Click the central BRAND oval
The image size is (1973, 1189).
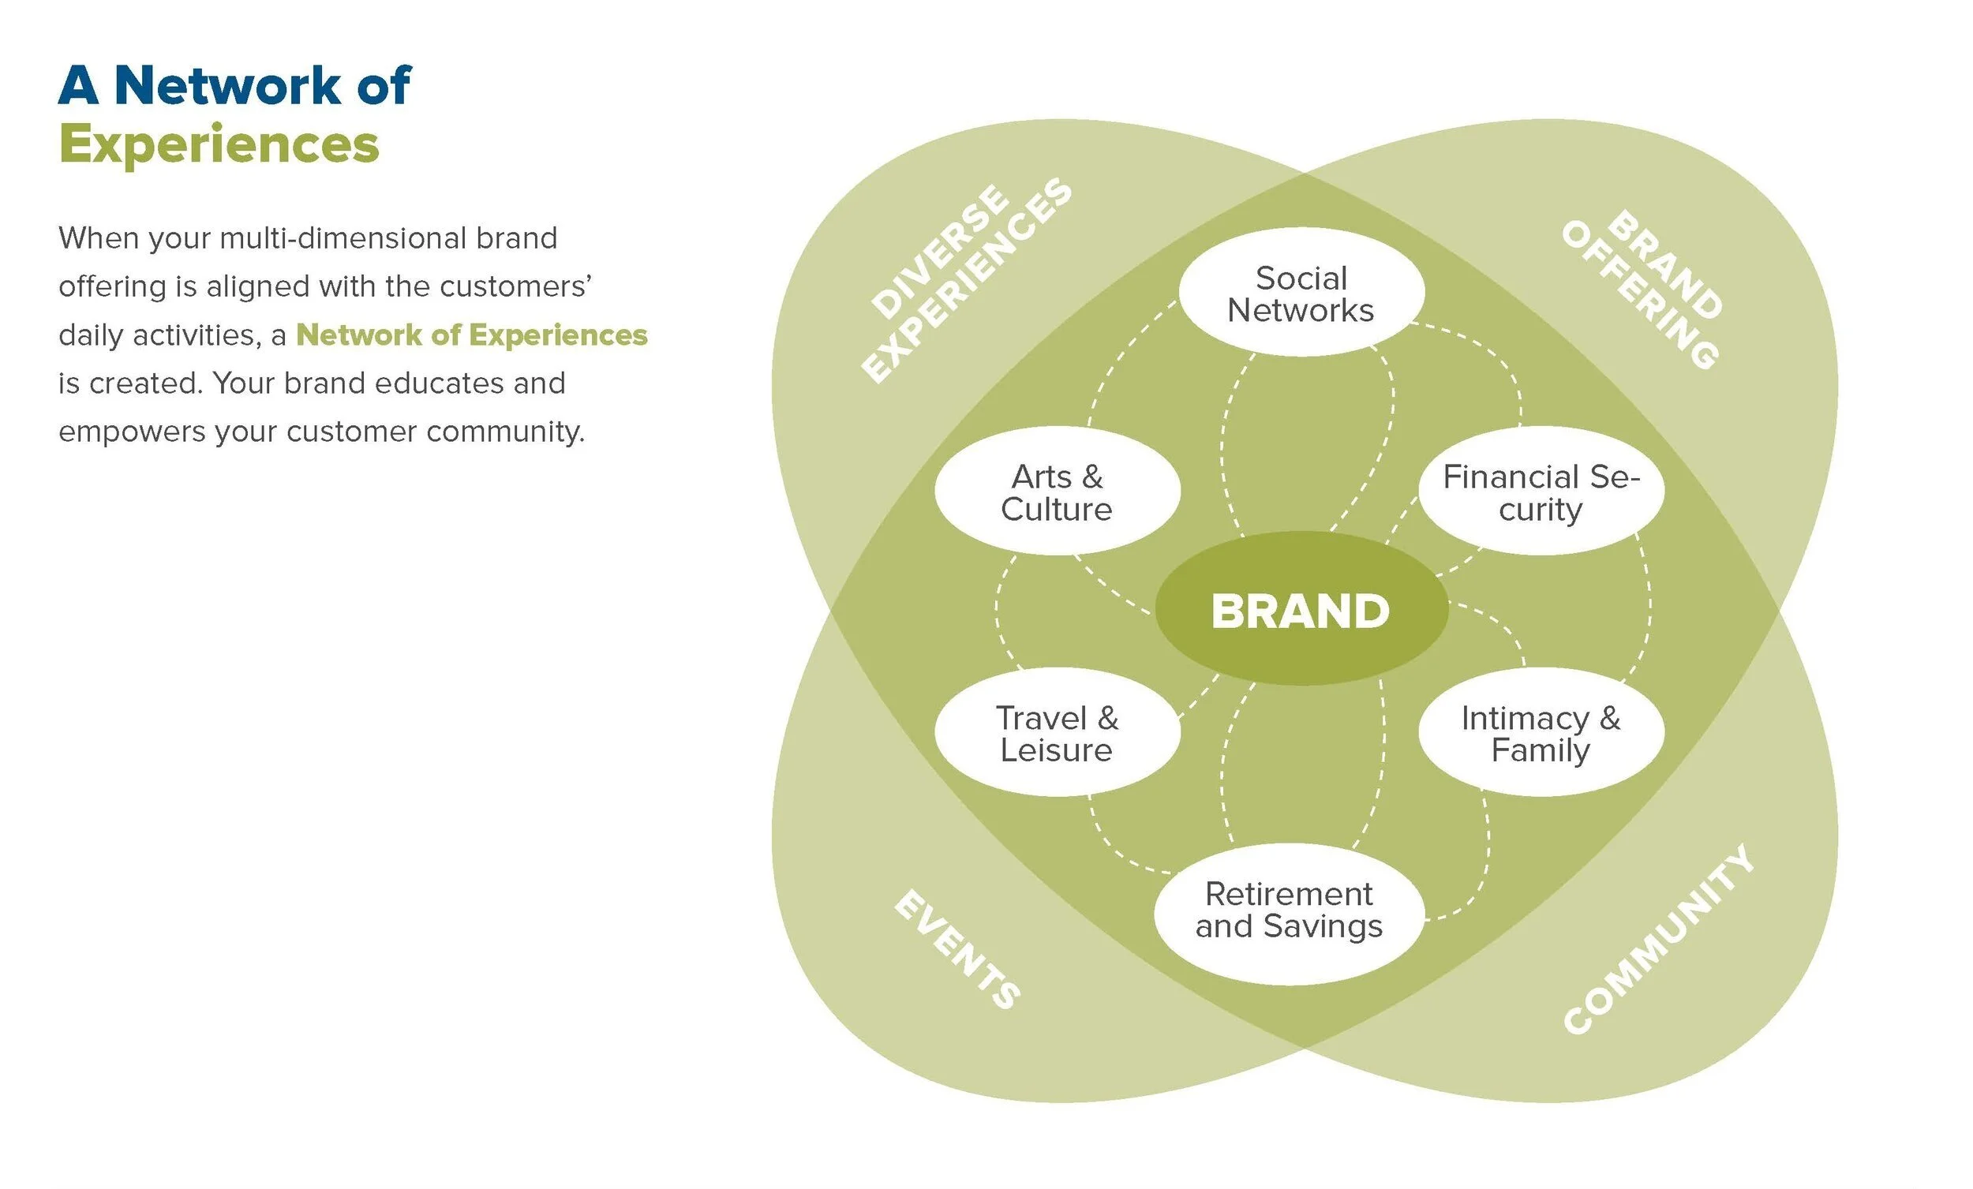(1301, 610)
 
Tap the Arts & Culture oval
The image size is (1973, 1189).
(1056, 492)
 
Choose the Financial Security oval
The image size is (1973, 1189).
(1541, 492)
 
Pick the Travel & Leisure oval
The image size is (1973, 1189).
(1056, 734)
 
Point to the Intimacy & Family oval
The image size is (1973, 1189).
(1541, 734)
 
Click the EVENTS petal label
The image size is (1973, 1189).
(957, 948)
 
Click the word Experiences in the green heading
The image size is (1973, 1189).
(219, 146)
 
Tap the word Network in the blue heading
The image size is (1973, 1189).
(227, 85)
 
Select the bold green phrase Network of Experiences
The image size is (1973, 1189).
(472, 335)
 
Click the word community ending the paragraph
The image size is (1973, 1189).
(505, 432)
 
